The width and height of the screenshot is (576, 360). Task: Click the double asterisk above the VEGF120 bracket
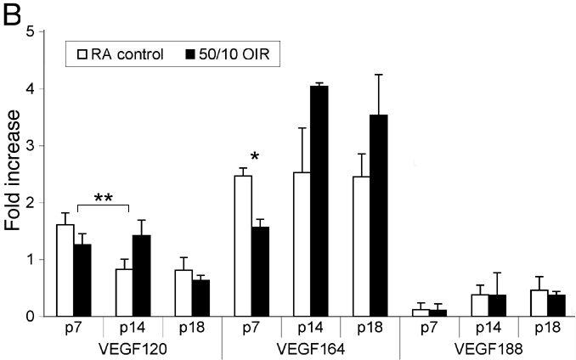point(104,199)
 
